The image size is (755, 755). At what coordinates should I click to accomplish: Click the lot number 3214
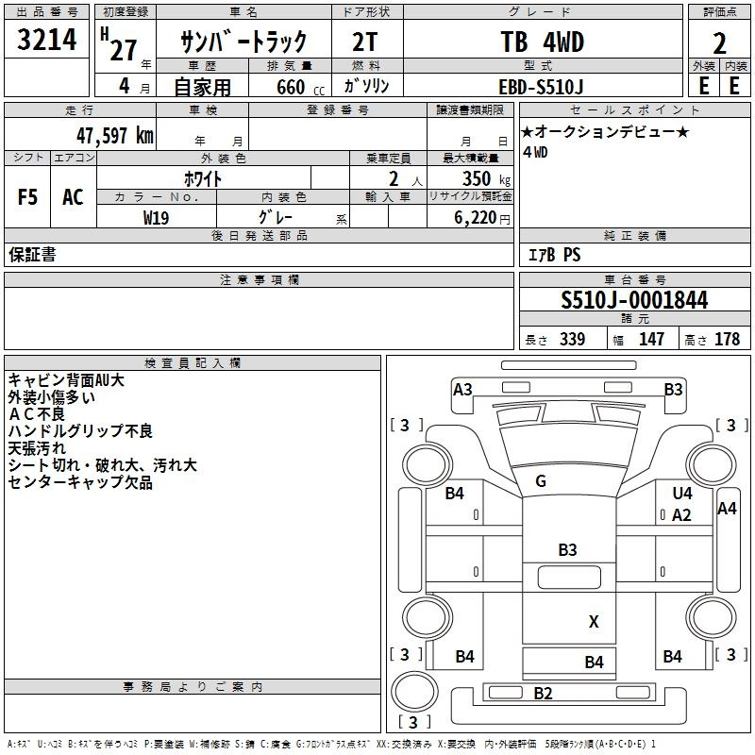pyautogui.click(x=46, y=39)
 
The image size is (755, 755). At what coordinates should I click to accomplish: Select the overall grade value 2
pyautogui.click(x=719, y=43)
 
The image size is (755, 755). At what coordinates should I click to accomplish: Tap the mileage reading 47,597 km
pyautogui.click(x=115, y=136)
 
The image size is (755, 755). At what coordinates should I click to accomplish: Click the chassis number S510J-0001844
pyautogui.click(x=634, y=300)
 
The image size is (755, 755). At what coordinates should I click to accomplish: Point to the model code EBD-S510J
pyautogui.click(x=541, y=87)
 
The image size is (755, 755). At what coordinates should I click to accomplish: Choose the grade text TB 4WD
pyautogui.click(x=543, y=42)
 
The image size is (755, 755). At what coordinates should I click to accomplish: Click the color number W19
pyautogui.click(x=156, y=218)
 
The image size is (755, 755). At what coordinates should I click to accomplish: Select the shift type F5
pyautogui.click(x=27, y=197)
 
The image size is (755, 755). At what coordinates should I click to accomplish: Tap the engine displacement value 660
pyautogui.click(x=291, y=87)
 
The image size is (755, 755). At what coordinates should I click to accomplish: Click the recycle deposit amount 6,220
pyautogui.click(x=475, y=218)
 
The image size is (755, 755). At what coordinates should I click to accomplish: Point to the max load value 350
pyautogui.click(x=477, y=178)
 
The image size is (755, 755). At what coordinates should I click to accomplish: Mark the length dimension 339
pyautogui.click(x=572, y=339)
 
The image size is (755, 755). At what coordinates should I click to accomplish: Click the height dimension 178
pyautogui.click(x=727, y=339)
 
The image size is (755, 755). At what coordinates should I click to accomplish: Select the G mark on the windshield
pyautogui.click(x=541, y=481)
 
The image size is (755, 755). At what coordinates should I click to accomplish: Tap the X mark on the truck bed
pyautogui.click(x=594, y=622)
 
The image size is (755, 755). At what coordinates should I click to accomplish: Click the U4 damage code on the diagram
pyautogui.click(x=682, y=493)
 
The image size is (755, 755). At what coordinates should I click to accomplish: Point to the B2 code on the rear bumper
pyautogui.click(x=543, y=694)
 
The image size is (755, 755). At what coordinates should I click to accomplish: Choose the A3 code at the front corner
pyautogui.click(x=462, y=389)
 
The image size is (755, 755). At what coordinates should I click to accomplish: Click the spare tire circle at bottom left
pyautogui.click(x=414, y=692)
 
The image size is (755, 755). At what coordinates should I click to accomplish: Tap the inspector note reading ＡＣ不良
pyautogui.click(x=37, y=414)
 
